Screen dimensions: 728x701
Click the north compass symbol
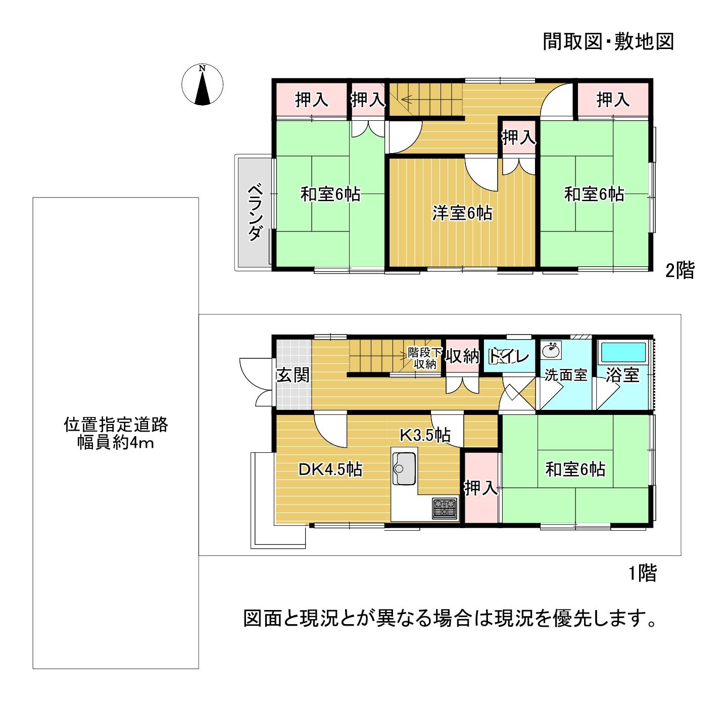click(x=202, y=84)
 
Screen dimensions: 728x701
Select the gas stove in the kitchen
click(x=445, y=508)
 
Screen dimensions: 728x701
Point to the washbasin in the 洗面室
click(x=551, y=350)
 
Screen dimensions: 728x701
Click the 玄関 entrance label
click(x=293, y=375)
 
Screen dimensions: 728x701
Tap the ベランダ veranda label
click(x=255, y=212)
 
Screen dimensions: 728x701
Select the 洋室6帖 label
click(x=462, y=213)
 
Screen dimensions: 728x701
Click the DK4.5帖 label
click(x=330, y=469)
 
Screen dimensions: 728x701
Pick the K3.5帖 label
click(x=425, y=435)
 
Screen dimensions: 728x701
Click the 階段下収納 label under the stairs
click(x=425, y=358)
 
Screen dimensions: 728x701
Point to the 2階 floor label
click(x=680, y=270)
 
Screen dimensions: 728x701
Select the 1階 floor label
click(x=642, y=573)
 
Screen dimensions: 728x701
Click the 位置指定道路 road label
click(x=116, y=425)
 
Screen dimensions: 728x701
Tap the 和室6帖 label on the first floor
click(x=575, y=469)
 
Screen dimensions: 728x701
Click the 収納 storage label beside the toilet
click(x=462, y=356)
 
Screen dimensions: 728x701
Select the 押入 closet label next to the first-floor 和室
click(x=481, y=488)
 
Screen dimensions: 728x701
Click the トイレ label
click(x=509, y=356)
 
